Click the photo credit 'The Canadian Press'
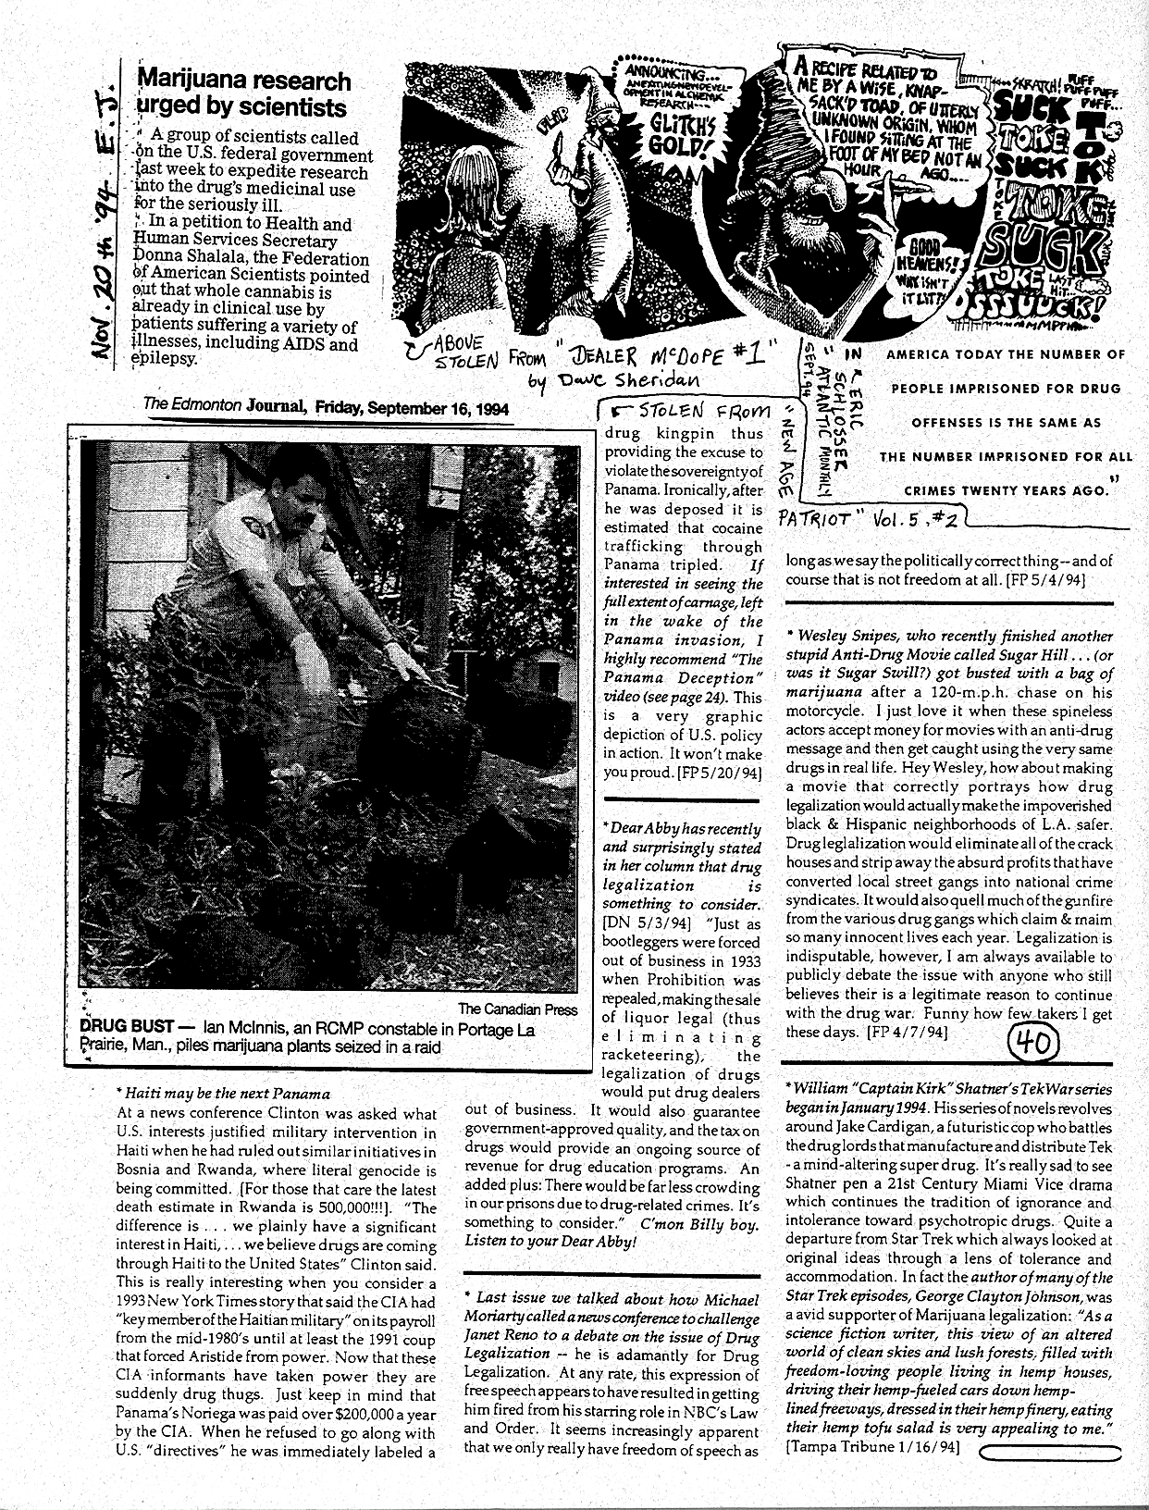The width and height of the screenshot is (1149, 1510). point(518,1009)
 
